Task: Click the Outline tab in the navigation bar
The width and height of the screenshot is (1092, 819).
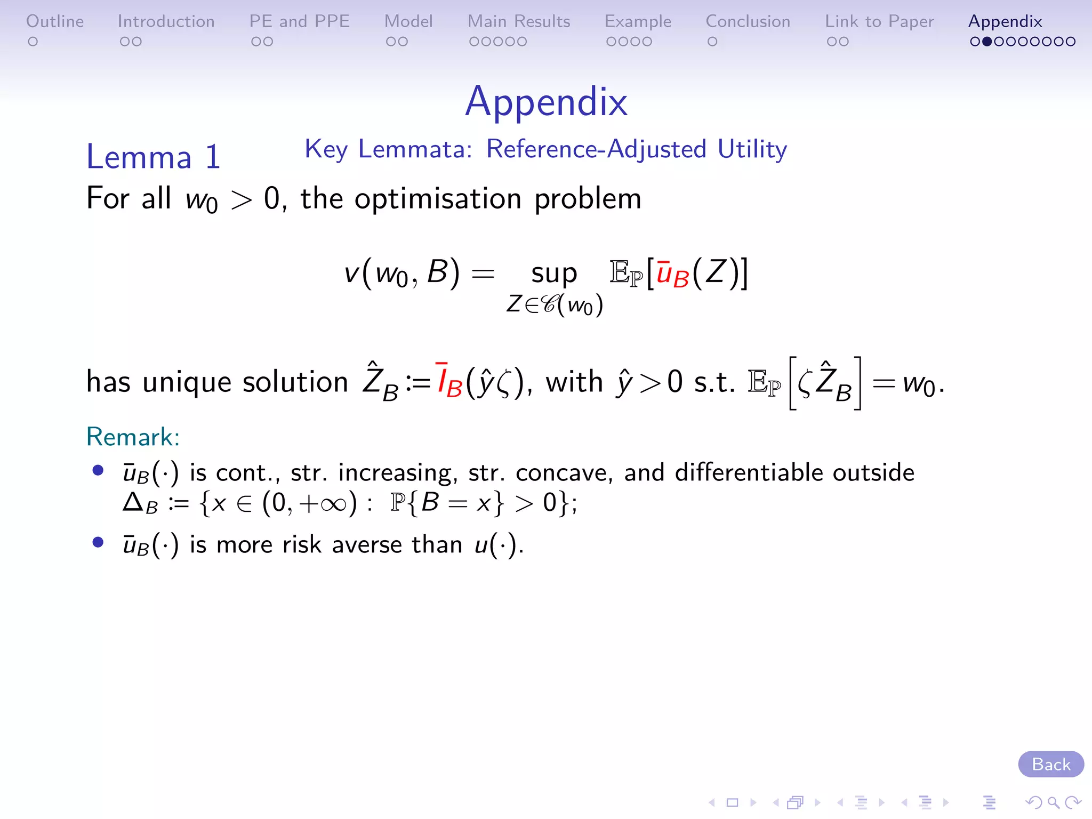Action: pyautogui.click(x=55, y=21)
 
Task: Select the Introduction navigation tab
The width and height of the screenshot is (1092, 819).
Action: pyautogui.click(x=166, y=21)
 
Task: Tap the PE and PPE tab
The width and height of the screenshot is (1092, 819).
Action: pyautogui.click(x=299, y=21)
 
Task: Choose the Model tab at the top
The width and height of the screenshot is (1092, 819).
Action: pyautogui.click(x=408, y=21)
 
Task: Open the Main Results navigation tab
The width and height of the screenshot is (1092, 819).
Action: pyautogui.click(x=519, y=21)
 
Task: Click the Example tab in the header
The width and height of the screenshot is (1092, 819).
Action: pyautogui.click(x=638, y=21)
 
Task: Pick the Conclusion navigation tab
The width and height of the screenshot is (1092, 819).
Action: pyautogui.click(x=748, y=21)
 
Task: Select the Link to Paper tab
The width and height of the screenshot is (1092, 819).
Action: pyautogui.click(x=879, y=21)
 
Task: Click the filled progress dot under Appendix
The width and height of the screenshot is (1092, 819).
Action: pyautogui.click(x=987, y=42)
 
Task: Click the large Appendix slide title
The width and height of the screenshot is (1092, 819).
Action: pyautogui.click(x=546, y=101)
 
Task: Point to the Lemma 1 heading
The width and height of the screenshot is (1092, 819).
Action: pyautogui.click(x=154, y=157)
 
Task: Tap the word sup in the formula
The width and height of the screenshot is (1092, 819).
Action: pyautogui.click(x=554, y=274)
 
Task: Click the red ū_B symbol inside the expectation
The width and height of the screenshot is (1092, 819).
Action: pyautogui.click(x=672, y=274)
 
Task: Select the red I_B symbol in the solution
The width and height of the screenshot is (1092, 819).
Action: pyautogui.click(x=448, y=381)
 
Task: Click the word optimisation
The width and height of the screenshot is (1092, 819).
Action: pyautogui.click(x=438, y=198)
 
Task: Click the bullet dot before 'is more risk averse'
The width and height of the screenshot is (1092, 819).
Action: pyautogui.click(x=98, y=542)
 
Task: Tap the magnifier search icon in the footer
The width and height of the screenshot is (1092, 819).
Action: pyautogui.click(x=1053, y=802)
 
